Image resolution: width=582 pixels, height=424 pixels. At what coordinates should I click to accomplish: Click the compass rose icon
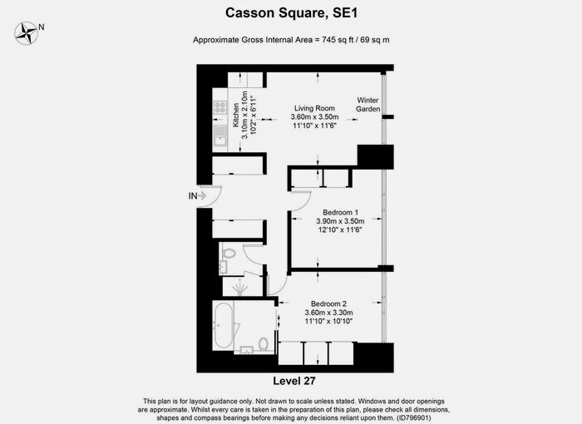[x=28, y=32]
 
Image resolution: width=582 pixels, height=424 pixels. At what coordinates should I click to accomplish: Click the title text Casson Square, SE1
[x=290, y=12]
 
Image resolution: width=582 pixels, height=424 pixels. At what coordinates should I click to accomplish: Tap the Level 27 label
[x=290, y=380]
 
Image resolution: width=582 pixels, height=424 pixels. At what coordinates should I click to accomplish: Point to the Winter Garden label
[x=367, y=103]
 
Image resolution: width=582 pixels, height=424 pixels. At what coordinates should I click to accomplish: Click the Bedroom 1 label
[x=340, y=212]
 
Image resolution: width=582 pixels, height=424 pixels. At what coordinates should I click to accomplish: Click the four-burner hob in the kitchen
[x=220, y=106]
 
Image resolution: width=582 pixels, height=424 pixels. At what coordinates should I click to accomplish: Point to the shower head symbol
[x=242, y=288]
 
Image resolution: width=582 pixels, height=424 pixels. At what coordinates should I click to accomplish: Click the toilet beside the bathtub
[x=263, y=343]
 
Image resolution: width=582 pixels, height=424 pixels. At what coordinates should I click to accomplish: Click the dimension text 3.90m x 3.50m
[x=340, y=221]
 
